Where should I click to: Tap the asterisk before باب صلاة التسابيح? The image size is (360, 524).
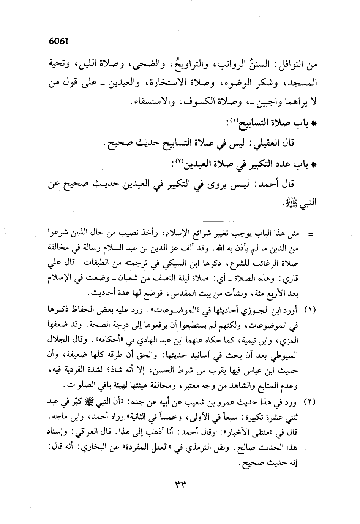pos(314,124)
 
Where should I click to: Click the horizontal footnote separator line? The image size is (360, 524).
pos(259,221)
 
